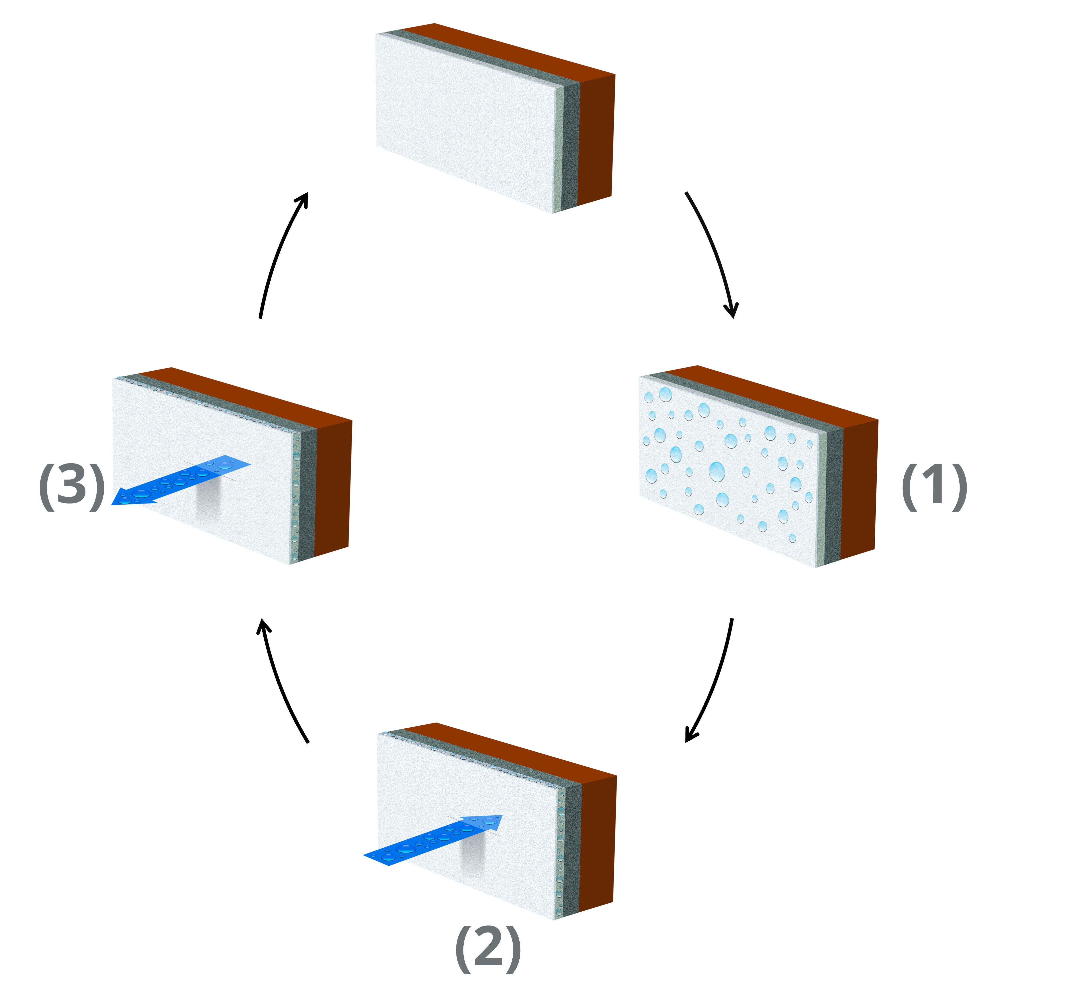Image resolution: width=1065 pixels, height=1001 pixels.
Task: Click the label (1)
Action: click(x=934, y=487)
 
